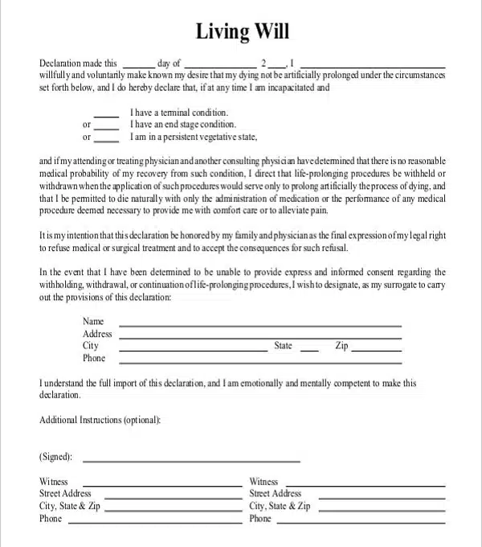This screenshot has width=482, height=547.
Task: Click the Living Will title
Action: (x=242, y=31)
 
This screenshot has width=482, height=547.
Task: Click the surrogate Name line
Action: (x=260, y=325)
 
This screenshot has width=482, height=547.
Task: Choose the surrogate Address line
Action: (x=260, y=337)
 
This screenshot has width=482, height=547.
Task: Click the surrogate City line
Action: (x=193, y=350)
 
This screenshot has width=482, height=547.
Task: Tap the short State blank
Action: (x=308, y=350)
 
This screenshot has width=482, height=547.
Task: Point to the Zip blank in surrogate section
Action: (x=377, y=350)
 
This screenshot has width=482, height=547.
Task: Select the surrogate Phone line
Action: (x=260, y=362)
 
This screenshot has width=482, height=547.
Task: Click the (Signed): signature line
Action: (x=191, y=461)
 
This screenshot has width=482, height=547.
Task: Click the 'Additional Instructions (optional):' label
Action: (x=100, y=420)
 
